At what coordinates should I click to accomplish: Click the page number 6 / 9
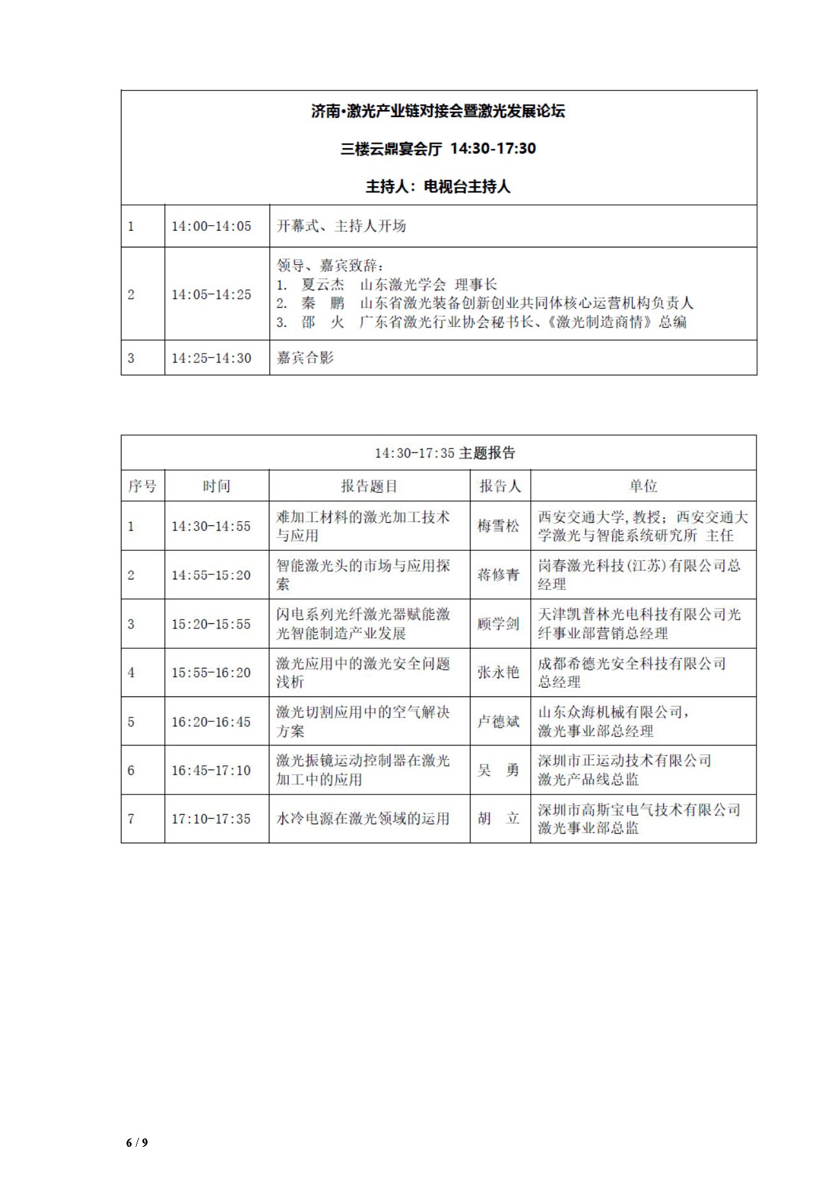(137, 1142)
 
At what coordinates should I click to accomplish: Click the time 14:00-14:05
(211, 226)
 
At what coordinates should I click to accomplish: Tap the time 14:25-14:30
(211, 358)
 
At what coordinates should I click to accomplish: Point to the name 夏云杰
(323, 285)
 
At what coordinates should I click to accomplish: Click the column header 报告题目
(369, 487)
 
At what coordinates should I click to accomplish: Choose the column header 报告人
(500, 487)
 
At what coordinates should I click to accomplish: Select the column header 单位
(643, 487)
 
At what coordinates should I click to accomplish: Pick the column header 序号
(142, 487)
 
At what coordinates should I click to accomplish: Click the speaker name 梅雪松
(499, 526)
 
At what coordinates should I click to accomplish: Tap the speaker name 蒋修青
(499, 575)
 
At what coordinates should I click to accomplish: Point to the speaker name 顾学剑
(499, 624)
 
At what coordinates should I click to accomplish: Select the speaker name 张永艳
(499, 672)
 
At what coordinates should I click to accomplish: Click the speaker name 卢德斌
(499, 721)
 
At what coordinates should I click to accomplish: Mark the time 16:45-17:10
(211, 770)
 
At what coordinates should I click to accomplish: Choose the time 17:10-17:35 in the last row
(211, 819)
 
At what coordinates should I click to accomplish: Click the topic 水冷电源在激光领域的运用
(363, 819)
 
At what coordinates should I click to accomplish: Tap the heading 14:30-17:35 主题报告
(445, 453)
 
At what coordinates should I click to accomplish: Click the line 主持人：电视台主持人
(438, 187)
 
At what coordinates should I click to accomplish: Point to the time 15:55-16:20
(211, 672)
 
